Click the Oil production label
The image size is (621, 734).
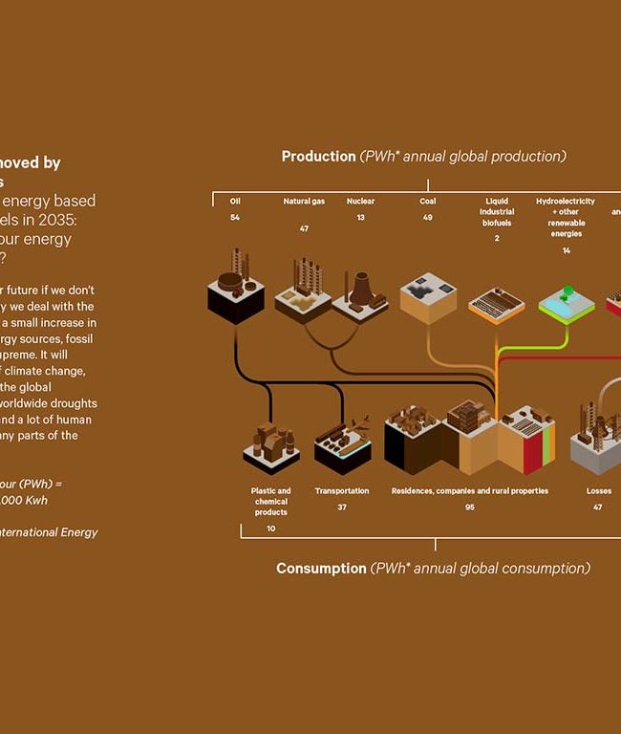[x=235, y=202]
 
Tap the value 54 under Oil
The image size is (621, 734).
[x=235, y=218]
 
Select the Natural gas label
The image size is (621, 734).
[x=304, y=202]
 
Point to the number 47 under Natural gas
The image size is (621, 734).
[x=304, y=229]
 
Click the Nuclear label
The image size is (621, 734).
[x=361, y=202]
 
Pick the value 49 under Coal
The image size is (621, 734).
[x=428, y=218]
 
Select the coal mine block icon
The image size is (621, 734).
[x=428, y=297]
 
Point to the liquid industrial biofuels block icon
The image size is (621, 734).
[x=497, y=304]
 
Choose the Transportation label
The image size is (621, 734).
[x=342, y=491]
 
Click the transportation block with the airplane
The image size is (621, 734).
[x=342, y=445]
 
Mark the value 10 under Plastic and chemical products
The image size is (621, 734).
[x=271, y=529]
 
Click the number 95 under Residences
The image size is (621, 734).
[x=470, y=507]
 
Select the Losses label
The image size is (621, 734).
[x=599, y=491]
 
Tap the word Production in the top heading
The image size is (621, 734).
[x=318, y=156]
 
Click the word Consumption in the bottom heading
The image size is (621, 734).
[x=321, y=568]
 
